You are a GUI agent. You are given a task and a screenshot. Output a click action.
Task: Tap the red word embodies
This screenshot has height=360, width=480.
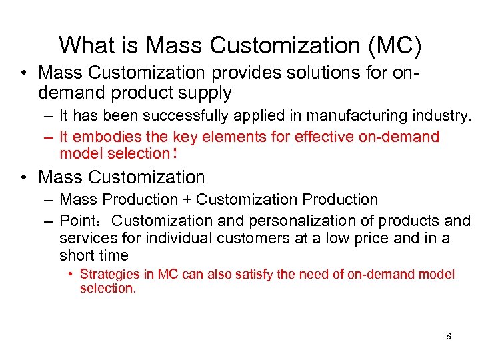coord(101,137)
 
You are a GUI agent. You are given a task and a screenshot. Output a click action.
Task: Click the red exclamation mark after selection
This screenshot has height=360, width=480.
coord(175,154)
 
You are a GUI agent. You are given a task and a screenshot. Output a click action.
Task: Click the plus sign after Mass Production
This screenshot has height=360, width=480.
coord(186,199)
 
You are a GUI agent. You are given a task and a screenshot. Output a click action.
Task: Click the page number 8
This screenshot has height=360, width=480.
coord(448,336)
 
